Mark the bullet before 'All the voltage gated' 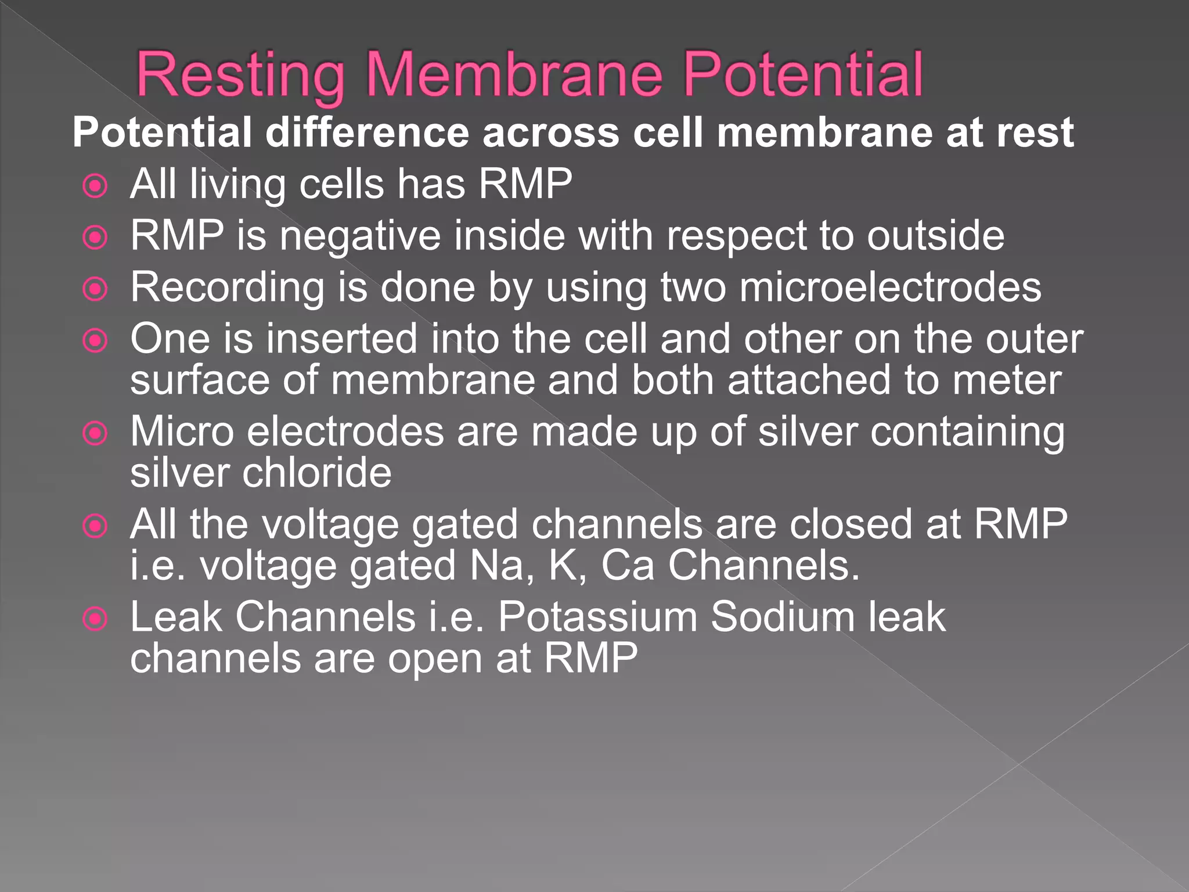(95, 526)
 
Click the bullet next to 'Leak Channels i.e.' (95, 619)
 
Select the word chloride (316, 473)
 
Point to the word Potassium (597, 617)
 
